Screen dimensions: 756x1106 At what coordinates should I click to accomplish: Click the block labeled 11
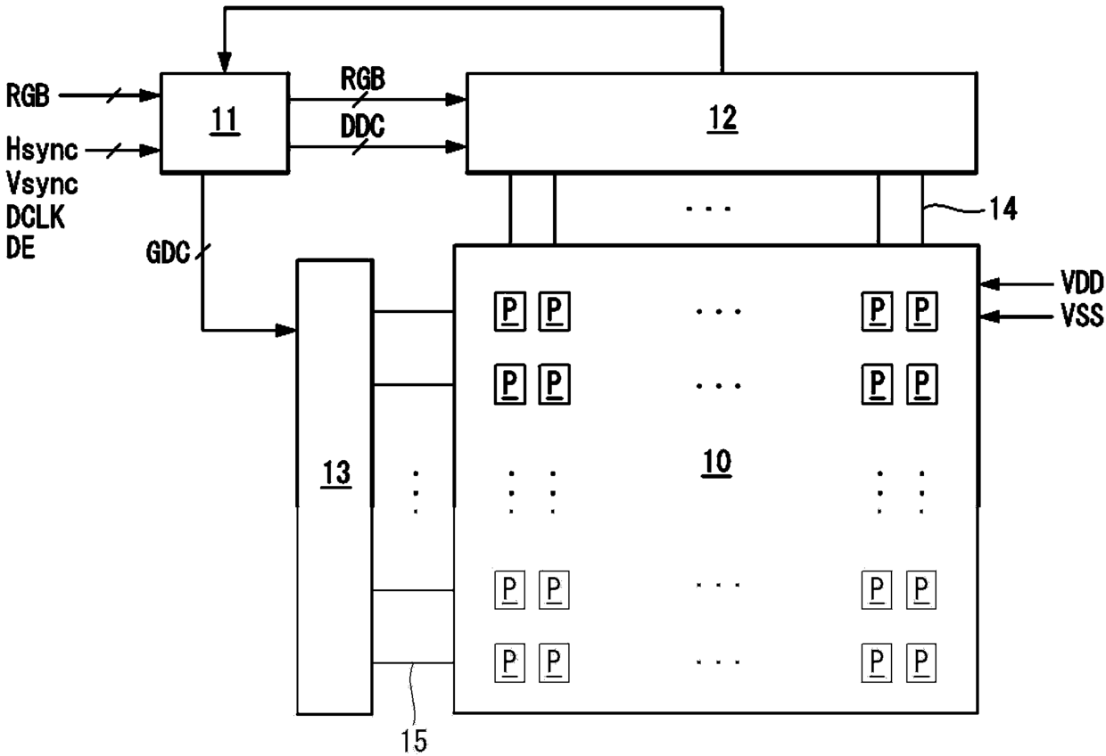[224, 123]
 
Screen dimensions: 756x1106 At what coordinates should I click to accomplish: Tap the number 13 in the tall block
[336, 473]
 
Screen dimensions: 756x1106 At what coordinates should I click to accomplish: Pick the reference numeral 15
[414, 739]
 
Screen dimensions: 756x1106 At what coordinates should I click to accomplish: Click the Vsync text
[42, 185]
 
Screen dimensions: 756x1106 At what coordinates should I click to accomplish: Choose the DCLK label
[37, 218]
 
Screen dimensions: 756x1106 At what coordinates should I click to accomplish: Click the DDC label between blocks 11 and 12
[362, 127]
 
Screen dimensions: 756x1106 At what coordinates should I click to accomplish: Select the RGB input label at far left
[28, 94]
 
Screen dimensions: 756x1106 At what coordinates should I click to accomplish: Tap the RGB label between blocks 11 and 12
[362, 80]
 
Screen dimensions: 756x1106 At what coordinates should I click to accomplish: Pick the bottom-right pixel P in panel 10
[920, 663]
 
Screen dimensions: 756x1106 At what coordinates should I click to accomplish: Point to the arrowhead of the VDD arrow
[986, 284]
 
